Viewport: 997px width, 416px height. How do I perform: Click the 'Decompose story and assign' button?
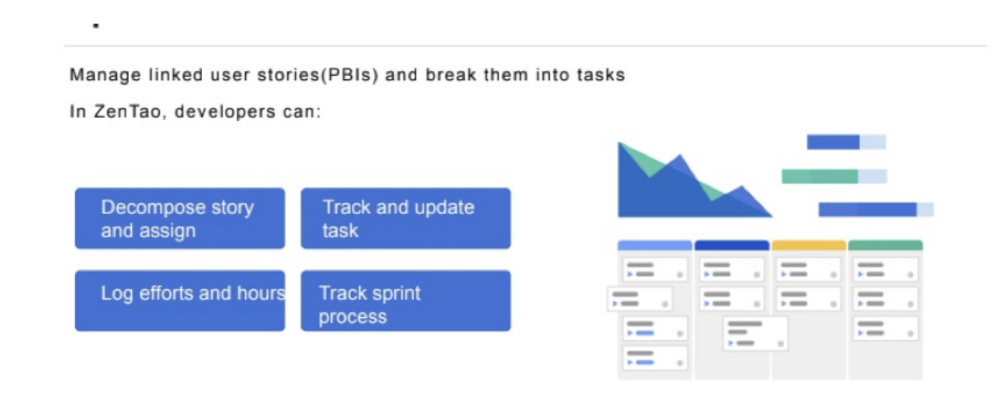click(180, 218)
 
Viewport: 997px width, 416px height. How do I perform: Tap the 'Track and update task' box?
click(406, 218)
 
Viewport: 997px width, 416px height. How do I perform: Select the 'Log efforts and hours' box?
click(180, 301)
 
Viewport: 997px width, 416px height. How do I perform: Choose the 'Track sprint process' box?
click(406, 301)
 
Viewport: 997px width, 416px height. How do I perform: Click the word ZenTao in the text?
click(127, 111)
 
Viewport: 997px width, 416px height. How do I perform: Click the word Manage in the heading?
click(105, 75)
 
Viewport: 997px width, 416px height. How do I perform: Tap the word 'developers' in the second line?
click(225, 112)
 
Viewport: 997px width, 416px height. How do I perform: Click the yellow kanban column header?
click(808, 246)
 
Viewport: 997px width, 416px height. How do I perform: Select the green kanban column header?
click(885, 246)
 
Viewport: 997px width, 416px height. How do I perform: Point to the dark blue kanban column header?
click(732, 246)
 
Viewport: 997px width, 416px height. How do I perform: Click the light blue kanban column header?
click(654, 246)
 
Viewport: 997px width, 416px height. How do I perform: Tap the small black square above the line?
click(96, 25)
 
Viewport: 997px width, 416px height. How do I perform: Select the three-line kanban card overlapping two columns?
click(755, 334)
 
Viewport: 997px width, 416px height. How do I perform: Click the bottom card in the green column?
click(885, 329)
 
